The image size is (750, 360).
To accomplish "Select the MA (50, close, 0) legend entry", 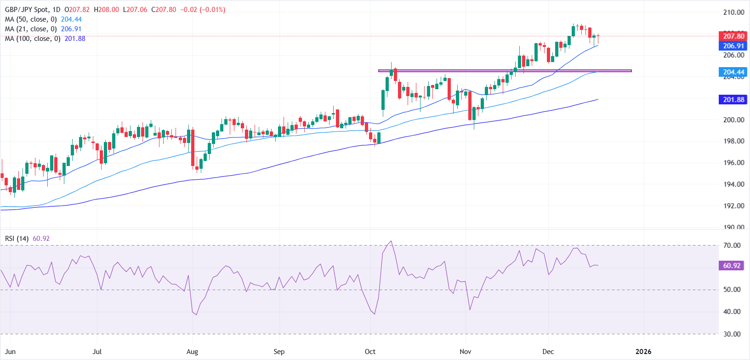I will coord(31,19).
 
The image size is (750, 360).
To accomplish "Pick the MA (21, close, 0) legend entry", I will coord(31,29).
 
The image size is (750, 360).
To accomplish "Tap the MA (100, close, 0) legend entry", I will coord(33,39).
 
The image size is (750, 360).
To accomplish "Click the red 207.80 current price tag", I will coord(733,36).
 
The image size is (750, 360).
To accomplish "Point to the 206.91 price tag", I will coord(733,46).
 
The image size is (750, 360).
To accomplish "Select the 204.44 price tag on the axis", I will coord(733,72).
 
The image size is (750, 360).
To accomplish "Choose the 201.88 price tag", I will coord(733,100).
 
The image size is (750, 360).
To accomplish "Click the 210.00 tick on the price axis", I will coord(733,12).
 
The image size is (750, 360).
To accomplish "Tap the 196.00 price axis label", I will coord(733,163).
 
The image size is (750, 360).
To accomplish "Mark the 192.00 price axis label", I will coord(733,206).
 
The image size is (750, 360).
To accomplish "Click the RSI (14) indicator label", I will coord(17,239).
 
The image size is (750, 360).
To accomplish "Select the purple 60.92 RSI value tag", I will coord(732,266).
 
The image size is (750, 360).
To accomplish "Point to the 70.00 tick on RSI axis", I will coord(732,246).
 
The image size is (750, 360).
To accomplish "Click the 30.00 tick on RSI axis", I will coord(732,334).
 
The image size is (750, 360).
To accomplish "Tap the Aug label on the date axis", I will coord(192,352).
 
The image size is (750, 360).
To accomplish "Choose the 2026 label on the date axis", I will coord(643,352).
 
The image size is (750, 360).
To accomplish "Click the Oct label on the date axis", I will coord(370,352).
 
